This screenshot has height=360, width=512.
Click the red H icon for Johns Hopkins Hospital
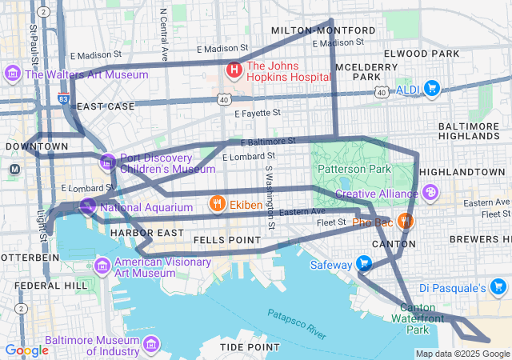[234, 70]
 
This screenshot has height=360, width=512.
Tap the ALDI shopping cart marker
[432, 88]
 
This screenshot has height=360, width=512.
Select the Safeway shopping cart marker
[364, 264]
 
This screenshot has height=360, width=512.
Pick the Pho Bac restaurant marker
[406, 220]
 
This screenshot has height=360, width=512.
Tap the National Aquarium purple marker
[88, 207]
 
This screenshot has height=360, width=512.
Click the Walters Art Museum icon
[13, 75]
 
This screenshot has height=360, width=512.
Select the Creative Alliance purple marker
[431, 193]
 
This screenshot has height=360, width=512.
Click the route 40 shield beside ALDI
[382, 93]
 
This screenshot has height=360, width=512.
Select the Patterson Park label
[354, 169]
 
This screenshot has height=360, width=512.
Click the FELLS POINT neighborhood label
[226, 239]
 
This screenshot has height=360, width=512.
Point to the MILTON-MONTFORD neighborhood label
[302, 30]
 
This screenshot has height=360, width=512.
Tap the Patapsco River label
[297, 323]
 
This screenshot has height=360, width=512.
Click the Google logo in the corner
[26, 350]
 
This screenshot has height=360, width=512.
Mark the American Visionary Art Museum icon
[102, 265]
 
